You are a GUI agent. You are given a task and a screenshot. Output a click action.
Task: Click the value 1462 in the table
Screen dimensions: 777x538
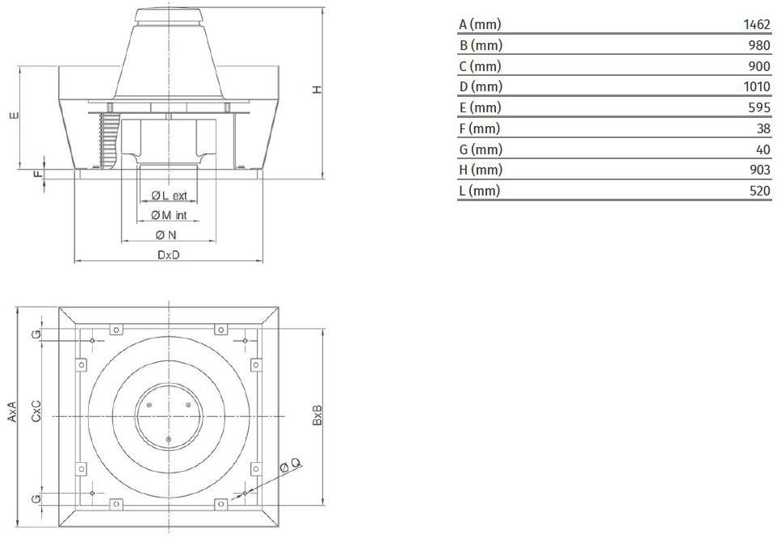(757, 24)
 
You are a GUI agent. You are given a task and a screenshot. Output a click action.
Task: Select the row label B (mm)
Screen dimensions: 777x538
(481, 45)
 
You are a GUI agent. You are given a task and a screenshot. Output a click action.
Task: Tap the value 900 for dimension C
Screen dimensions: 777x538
(760, 66)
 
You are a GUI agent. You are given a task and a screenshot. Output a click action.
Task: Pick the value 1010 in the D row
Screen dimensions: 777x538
(757, 86)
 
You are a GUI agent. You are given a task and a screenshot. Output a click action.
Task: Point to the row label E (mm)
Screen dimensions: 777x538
(481, 107)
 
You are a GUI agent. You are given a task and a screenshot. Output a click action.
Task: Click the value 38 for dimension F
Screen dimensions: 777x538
(763, 128)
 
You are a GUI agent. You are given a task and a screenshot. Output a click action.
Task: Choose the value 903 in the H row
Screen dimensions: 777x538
(760, 170)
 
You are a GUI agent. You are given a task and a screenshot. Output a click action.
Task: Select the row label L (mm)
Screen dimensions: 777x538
(480, 191)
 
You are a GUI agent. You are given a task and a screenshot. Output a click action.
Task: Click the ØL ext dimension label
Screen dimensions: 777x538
(169, 195)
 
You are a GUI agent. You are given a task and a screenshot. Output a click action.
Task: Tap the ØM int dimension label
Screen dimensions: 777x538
(169, 215)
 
